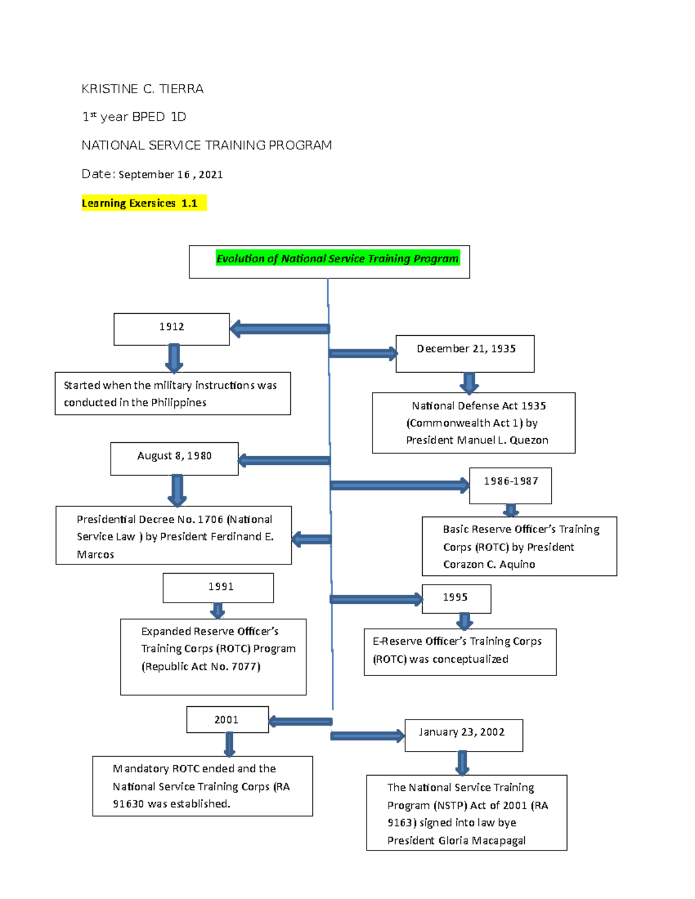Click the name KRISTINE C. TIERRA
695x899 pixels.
[x=142, y=89]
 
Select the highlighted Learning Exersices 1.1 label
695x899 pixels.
[x=140, y=203]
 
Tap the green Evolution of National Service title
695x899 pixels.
[x=337, y=259]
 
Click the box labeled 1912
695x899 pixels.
[x=171, y=329]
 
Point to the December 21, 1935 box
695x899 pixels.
[x=465, y=353]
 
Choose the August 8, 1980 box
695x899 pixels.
[x=174, y=458]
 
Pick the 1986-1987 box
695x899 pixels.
[x=510, y=485]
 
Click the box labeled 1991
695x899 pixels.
[x=218, y=588]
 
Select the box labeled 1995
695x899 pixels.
[x=456, y=598]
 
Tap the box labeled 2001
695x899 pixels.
[x=227, y=720]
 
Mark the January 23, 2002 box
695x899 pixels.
[x=463, y=735]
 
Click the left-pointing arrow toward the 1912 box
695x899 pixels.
[x=280, y=329]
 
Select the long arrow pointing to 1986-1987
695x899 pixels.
[x=400, y=485]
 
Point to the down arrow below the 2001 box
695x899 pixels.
[x=229, y=744]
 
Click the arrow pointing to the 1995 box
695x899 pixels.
[x=376, y=599]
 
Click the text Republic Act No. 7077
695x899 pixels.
[x=202, y=667]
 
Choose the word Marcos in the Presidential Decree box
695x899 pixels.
[x=96, y=555]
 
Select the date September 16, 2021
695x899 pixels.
[x=171, y=175]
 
